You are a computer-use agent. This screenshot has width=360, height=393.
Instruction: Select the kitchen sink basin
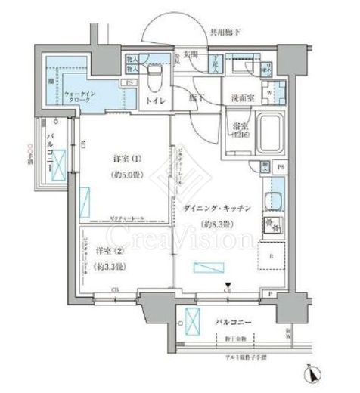272,203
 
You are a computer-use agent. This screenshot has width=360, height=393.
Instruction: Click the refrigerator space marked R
271,256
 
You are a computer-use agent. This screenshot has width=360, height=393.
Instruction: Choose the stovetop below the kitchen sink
272,224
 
